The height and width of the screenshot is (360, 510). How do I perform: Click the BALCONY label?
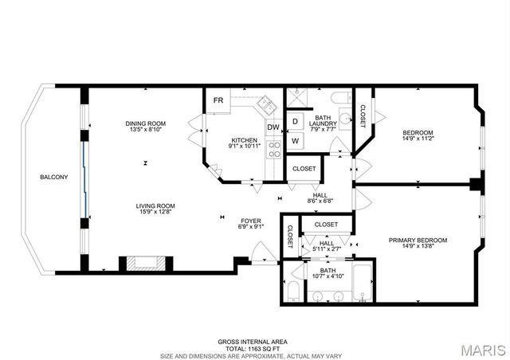click(54, 177)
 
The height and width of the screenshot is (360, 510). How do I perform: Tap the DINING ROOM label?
click(145, 123)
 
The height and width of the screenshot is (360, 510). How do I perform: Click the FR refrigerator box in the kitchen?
click(217, 100)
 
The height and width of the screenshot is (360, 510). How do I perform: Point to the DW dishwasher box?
click(273, 127)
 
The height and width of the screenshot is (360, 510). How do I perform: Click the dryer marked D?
click(294, 122)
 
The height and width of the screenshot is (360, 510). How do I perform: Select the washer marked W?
click(294, 141)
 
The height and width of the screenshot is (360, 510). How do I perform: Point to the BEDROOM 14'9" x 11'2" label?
click(418, 135)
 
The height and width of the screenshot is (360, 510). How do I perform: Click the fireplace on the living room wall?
click(144, 264)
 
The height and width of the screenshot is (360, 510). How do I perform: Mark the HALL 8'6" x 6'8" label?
click(320, 198)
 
